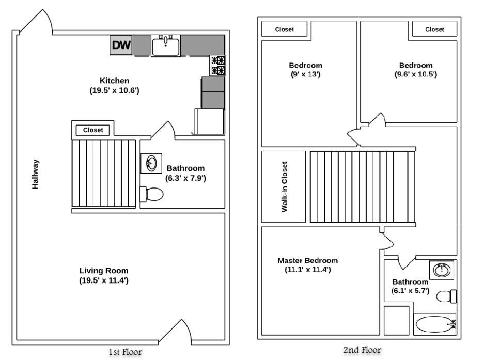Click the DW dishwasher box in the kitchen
(121, 45)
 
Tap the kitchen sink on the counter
(165, 46)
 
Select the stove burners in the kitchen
(217, 65)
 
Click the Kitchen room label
(114, 81)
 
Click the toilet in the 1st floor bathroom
(152, 194)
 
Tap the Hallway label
(36, 174)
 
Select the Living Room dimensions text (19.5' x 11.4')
(103, 280)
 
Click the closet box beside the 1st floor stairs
(93, 130)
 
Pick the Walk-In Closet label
(284, 187)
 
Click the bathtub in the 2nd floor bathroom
(433, 325)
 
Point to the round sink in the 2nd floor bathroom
(441, 270)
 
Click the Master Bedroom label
(307, 260)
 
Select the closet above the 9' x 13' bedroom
(284, 29)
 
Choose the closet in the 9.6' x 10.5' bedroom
(434, 29)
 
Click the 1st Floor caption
(125, 352)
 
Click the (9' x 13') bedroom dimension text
(305, 74)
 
